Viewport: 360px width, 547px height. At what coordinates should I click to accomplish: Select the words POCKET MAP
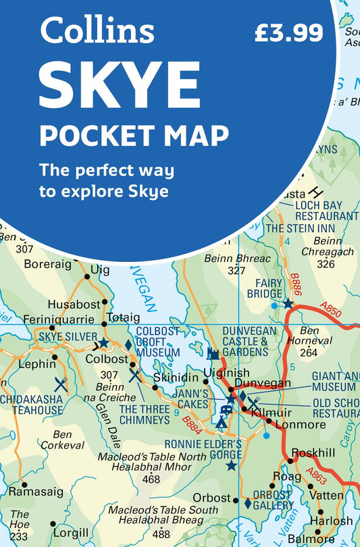[134, 134]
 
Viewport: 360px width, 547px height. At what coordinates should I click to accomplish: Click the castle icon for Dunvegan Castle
[213, 353]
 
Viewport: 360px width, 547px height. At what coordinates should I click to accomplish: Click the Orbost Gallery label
[273, 500]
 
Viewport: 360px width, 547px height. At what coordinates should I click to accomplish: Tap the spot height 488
[161, 531]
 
